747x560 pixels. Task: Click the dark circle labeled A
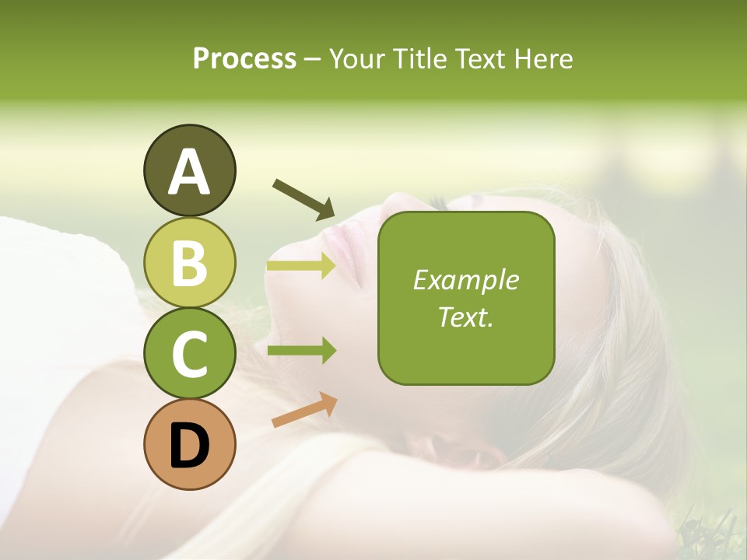coord(189,170)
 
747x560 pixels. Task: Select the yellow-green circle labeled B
coord(189,262)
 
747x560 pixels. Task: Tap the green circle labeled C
coord(189,354)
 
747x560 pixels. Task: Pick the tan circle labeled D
coord(189,445)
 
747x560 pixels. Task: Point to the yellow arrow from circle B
coord(301,266)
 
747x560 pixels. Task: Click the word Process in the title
coord(244,58)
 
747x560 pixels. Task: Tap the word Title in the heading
coord(415,58)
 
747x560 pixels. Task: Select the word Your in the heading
coord(353,58)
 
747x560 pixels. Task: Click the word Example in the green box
coord(465,280)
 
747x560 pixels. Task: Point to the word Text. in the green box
coord(465,317)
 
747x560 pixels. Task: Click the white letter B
coord(189,263)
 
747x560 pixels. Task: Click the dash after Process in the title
coord(313,60)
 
